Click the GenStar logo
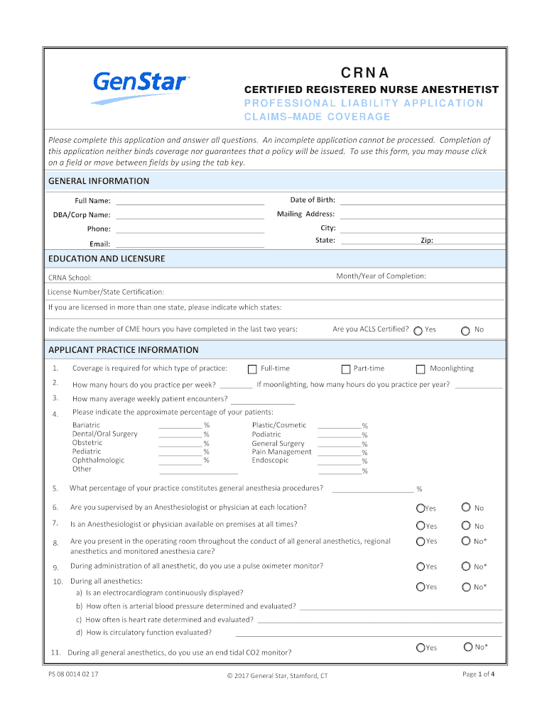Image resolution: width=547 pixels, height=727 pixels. click(x=141, y=85)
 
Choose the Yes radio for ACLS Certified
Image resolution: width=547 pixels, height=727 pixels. click(x=418, y=330)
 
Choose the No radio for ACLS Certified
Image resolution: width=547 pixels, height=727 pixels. click(x=465, y=330)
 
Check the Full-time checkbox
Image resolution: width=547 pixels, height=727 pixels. click(x=252, y=369)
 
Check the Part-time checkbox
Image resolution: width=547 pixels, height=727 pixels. click(x=346, y=369)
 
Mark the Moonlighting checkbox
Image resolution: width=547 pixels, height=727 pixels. click(x=421, y=369)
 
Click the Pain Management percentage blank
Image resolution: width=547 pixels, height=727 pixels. click(x=339, y=452)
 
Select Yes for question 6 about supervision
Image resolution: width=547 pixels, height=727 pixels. click(x=421, y=508)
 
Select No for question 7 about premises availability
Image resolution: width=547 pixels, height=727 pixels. click(x=466, y=525)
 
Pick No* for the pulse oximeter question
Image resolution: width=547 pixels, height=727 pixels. click(x=466, y=567)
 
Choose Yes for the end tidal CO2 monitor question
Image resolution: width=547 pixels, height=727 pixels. click(x=421, y=647)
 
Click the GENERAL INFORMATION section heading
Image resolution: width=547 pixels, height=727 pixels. click(x=99, y=181)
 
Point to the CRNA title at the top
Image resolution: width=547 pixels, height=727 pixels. click(x=364, y=72)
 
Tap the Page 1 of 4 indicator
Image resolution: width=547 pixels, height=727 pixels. click(x=478, y=674)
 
